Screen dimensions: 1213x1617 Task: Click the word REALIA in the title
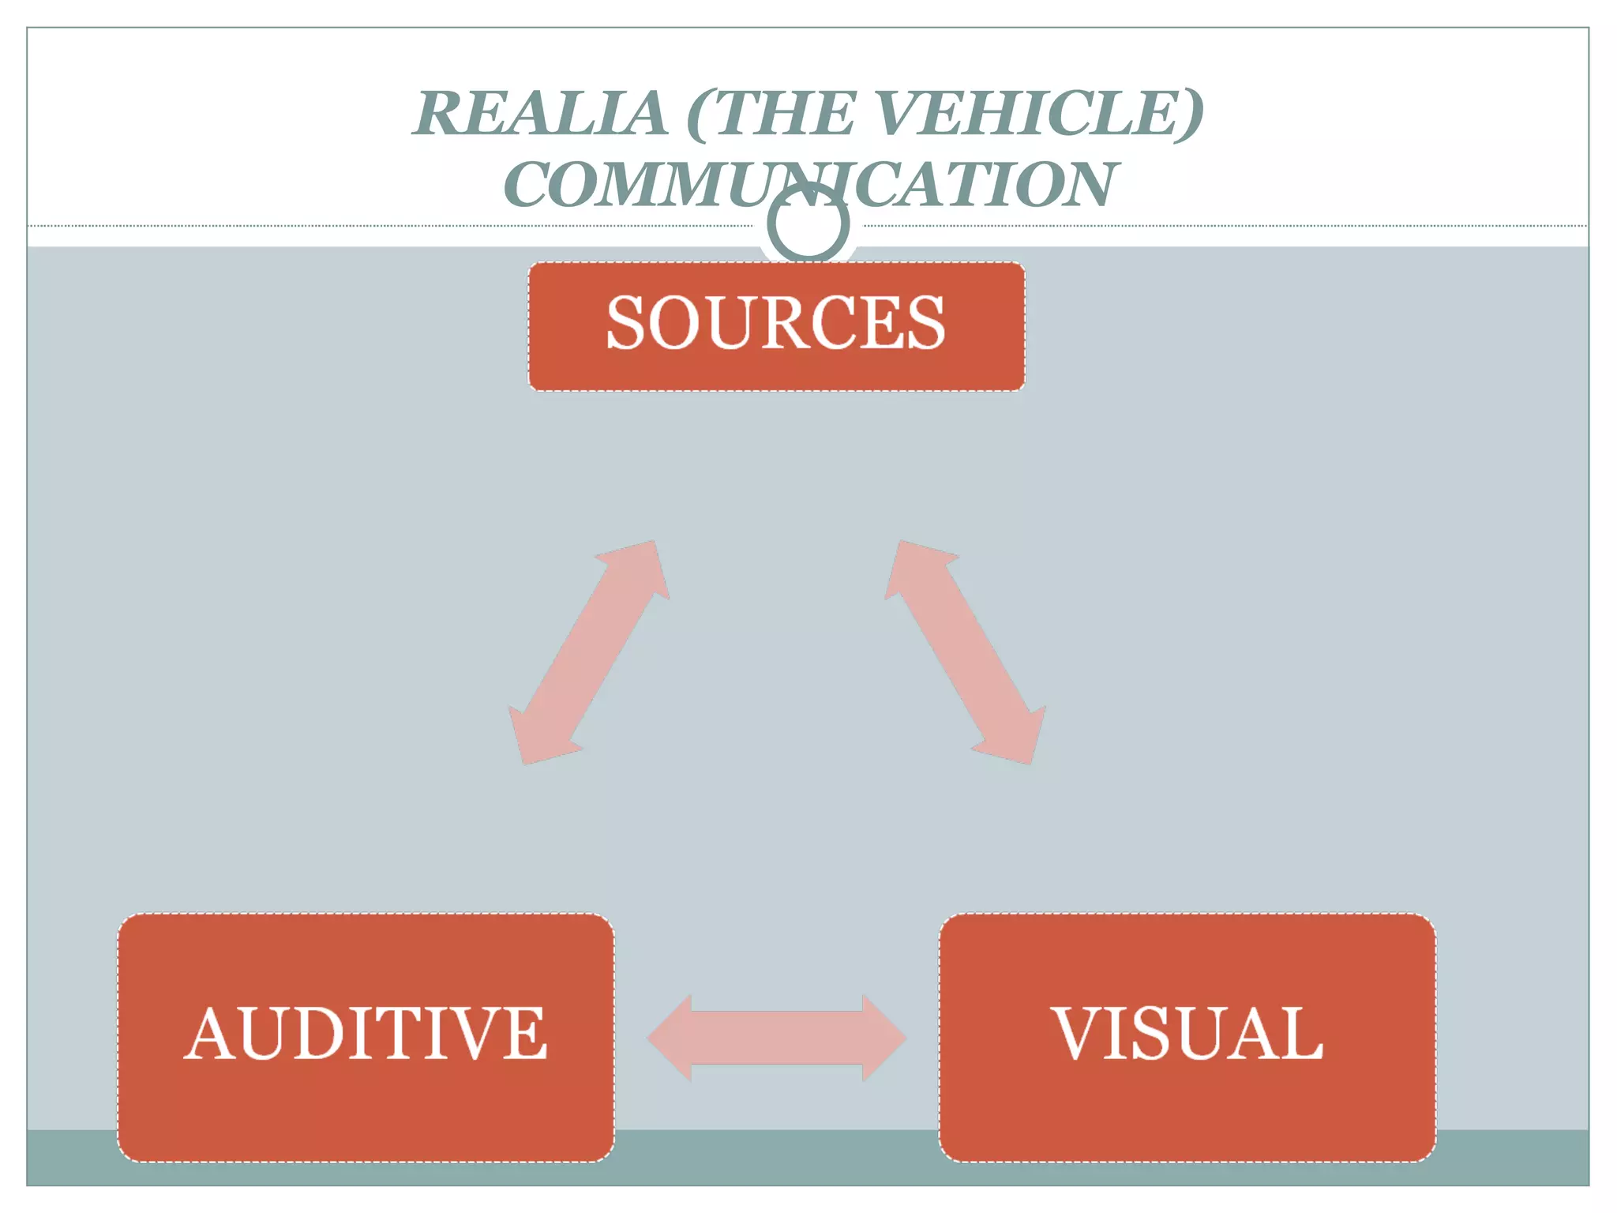pyautogui.click(x=540, y=114)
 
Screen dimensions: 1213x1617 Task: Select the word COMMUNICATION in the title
pyautogui.click(x=810, y=185)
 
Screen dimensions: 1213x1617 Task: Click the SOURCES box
pyautogui.click(x=776, y=325)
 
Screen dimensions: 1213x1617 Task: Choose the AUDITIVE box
pyautogui.click(x=366, y=1036)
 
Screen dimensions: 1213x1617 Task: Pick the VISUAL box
pyautogui.click(x=1187, y=1036)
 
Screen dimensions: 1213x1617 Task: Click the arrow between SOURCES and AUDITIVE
pyautogui.click(x=588, y=652)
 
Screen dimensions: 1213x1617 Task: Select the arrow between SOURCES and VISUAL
pyautogui.click(x=966, y=652)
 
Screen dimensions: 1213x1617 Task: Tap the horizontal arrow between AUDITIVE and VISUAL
pyautogui.click(x=776, y=1038)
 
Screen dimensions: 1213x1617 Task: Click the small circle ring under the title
pyautogui.click(x=808, y=224)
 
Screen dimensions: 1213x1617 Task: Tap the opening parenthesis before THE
pyautogui.click(x=700, y=115)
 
